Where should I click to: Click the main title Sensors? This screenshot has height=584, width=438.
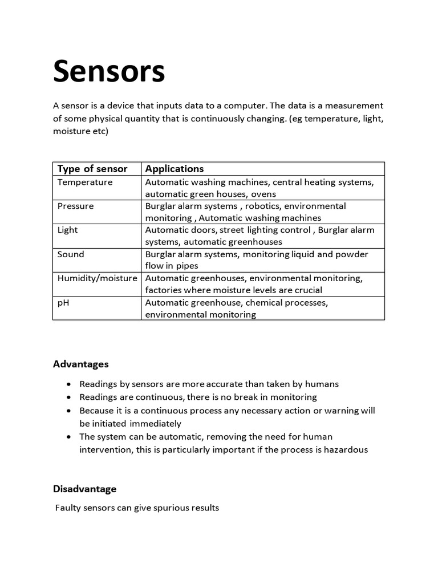click(x=109, y=72)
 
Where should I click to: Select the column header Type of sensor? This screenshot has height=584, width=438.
click(x=92, y=169)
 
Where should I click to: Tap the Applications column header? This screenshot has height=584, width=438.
click(x=174, y=169)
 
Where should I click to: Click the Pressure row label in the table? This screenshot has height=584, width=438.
click(x=75, y=206)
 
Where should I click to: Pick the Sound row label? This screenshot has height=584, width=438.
click(x=71, y=254)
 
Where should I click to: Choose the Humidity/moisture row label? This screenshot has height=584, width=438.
click(x=97, y=278)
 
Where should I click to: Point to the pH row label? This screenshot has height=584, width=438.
click(x=63, y=302)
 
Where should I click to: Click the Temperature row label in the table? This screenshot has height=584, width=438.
click(x=85, y=182)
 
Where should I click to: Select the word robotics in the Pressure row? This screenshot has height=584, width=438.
click(x=261, y=206)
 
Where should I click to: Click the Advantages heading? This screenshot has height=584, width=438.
click(x=80, y=364)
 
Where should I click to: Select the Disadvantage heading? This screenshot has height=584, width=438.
click(x=84, y=489)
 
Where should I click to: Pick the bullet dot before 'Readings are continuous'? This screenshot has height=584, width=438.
click(x=68, y=398)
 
